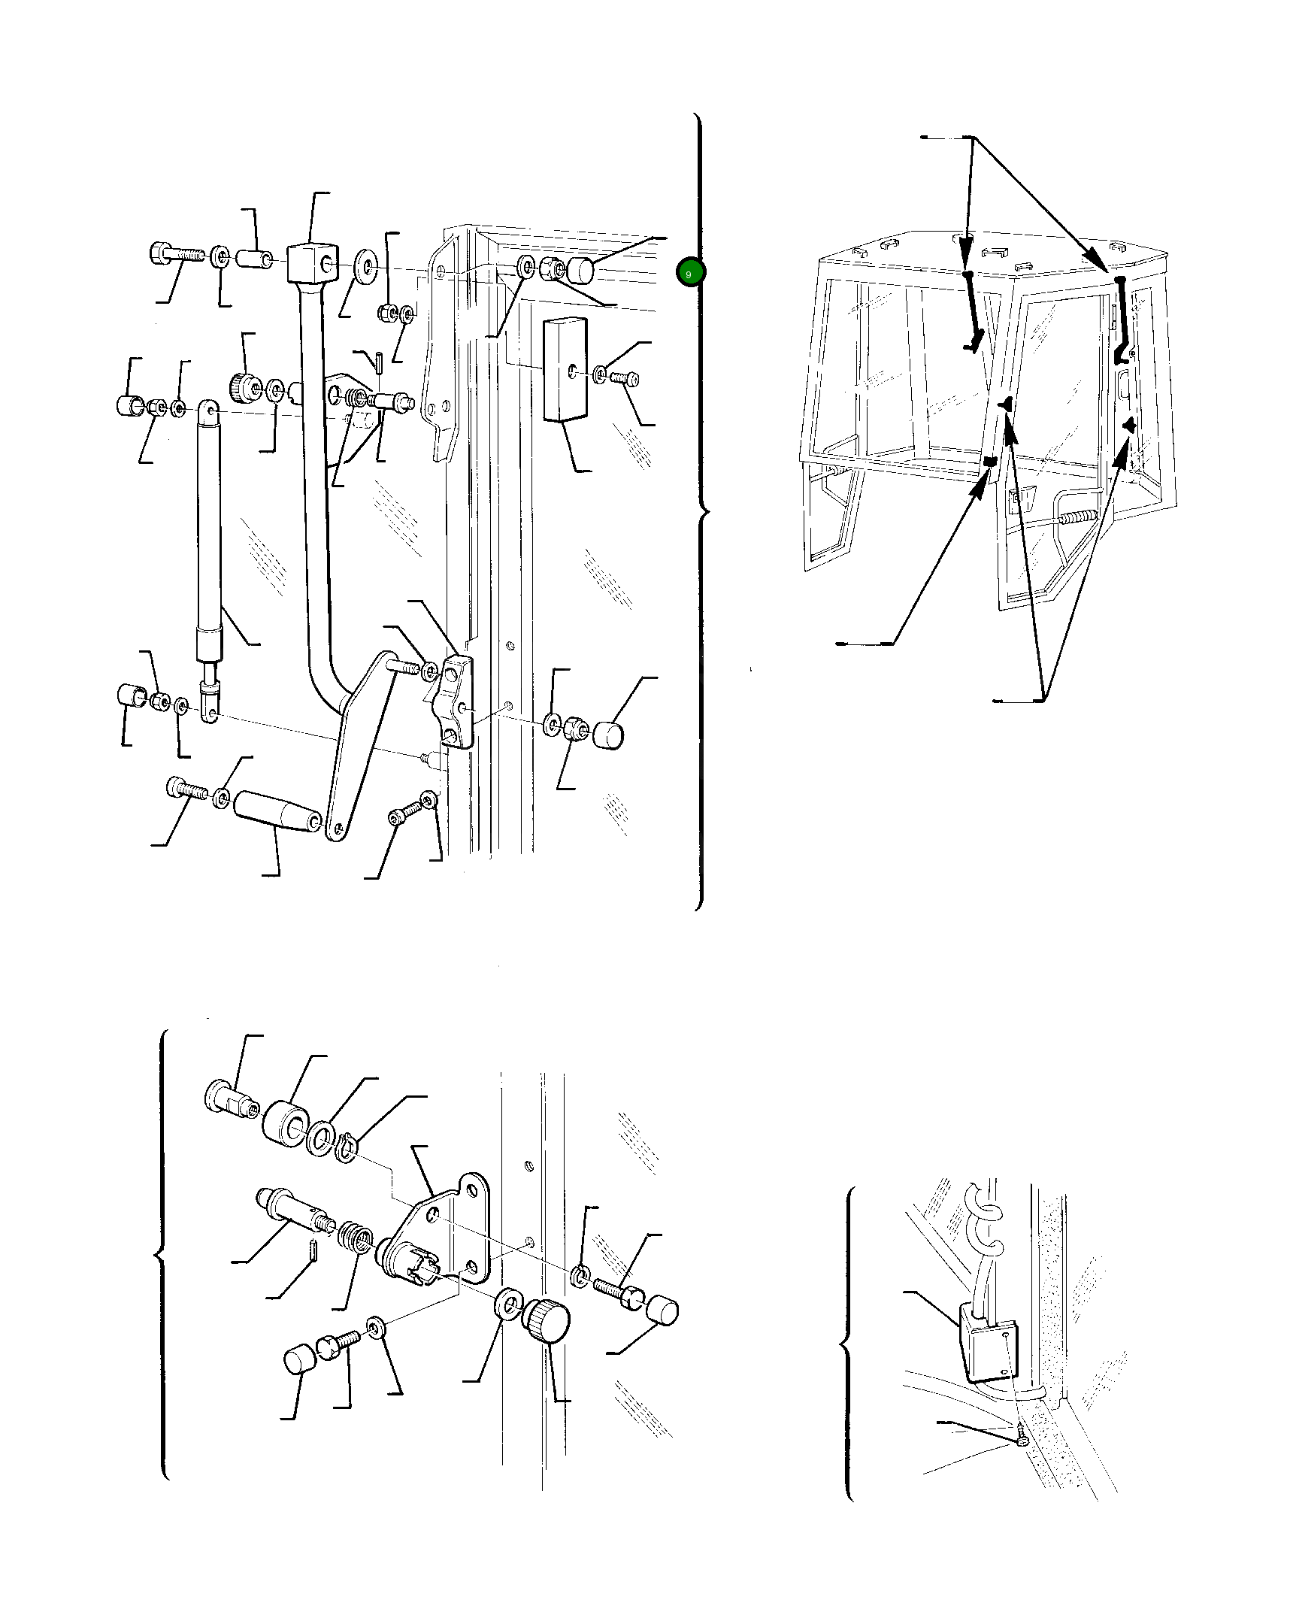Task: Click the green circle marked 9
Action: click(x=689, y=273)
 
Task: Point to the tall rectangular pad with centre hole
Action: click(x=565, y=368)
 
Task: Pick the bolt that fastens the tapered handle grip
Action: click(x=186, y=789)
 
